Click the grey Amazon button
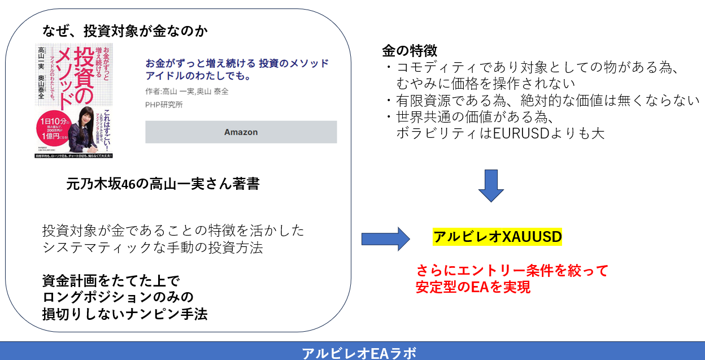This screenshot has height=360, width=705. click(x=241, y=132)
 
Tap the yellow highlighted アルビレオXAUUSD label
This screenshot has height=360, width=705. click(x=497, y=237)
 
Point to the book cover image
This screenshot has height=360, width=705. click(x=74, y=99)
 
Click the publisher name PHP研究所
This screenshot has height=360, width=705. click(x=164, y=105)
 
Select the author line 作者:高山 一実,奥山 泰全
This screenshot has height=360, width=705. click(x=186, y=92)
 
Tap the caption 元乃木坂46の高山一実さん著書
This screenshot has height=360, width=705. click(x=163, y=184)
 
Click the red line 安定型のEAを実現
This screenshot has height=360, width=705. click(x=473, y=287)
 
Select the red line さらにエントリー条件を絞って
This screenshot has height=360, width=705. click(x=512, y=271)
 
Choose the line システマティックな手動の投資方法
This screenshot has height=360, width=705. click(x=152, y=248)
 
